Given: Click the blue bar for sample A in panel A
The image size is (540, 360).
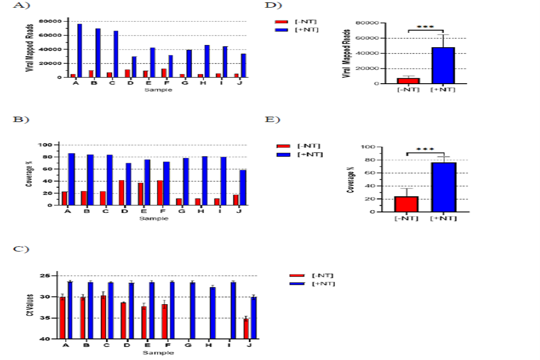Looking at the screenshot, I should coord(79,50).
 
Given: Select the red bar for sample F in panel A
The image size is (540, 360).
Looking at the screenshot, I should coord(163,73).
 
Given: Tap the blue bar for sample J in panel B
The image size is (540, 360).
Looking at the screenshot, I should coord(243,188).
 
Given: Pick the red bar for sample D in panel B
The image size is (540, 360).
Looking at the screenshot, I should coord(121,193).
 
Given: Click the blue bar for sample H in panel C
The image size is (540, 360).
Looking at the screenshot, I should coord(213,313).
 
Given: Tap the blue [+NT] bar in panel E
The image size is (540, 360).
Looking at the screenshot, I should coord(443,187).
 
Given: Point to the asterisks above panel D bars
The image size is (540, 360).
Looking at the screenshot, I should coord(425,27).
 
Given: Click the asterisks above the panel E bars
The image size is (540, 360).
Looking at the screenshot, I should coord(425,150).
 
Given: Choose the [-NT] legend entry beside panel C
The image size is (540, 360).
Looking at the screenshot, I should coord(312,275).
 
